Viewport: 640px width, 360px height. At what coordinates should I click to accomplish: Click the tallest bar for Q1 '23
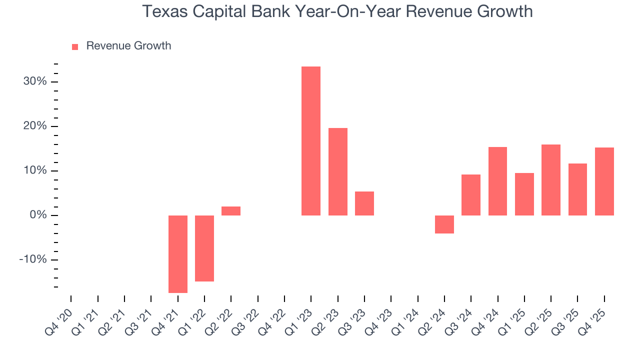(x=311, y=141)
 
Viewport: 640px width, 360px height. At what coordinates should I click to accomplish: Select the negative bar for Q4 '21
(x=178, y=254)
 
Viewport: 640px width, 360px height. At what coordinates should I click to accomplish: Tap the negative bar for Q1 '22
(x=204, y=248)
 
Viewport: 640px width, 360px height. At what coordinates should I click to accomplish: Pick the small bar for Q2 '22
(x=231, y=211)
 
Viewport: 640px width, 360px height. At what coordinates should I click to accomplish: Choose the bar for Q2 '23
(x=338, y=171)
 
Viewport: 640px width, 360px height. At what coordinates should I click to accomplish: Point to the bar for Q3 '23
(x=364, y=203)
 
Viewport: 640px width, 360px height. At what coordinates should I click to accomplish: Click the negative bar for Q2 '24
(x=444, y=224)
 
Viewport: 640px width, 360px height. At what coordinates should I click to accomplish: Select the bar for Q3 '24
(x=471, y=195)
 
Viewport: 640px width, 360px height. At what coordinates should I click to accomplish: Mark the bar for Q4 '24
(x=498, y=181)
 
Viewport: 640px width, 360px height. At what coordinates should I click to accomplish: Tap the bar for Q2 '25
(x=551, y=180)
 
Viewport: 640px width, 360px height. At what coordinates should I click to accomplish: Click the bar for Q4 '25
(x=604, y=181)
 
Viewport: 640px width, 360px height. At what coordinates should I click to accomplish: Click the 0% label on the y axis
(x=38, y=215)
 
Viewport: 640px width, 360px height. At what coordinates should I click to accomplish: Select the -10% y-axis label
(x=33, y=260)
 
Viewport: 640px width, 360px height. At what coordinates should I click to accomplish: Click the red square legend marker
(x=75, y=46)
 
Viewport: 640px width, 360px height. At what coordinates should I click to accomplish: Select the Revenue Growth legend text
(x=128, y=46)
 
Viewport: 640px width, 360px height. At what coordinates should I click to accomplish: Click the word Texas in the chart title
(x=165, y=11)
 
